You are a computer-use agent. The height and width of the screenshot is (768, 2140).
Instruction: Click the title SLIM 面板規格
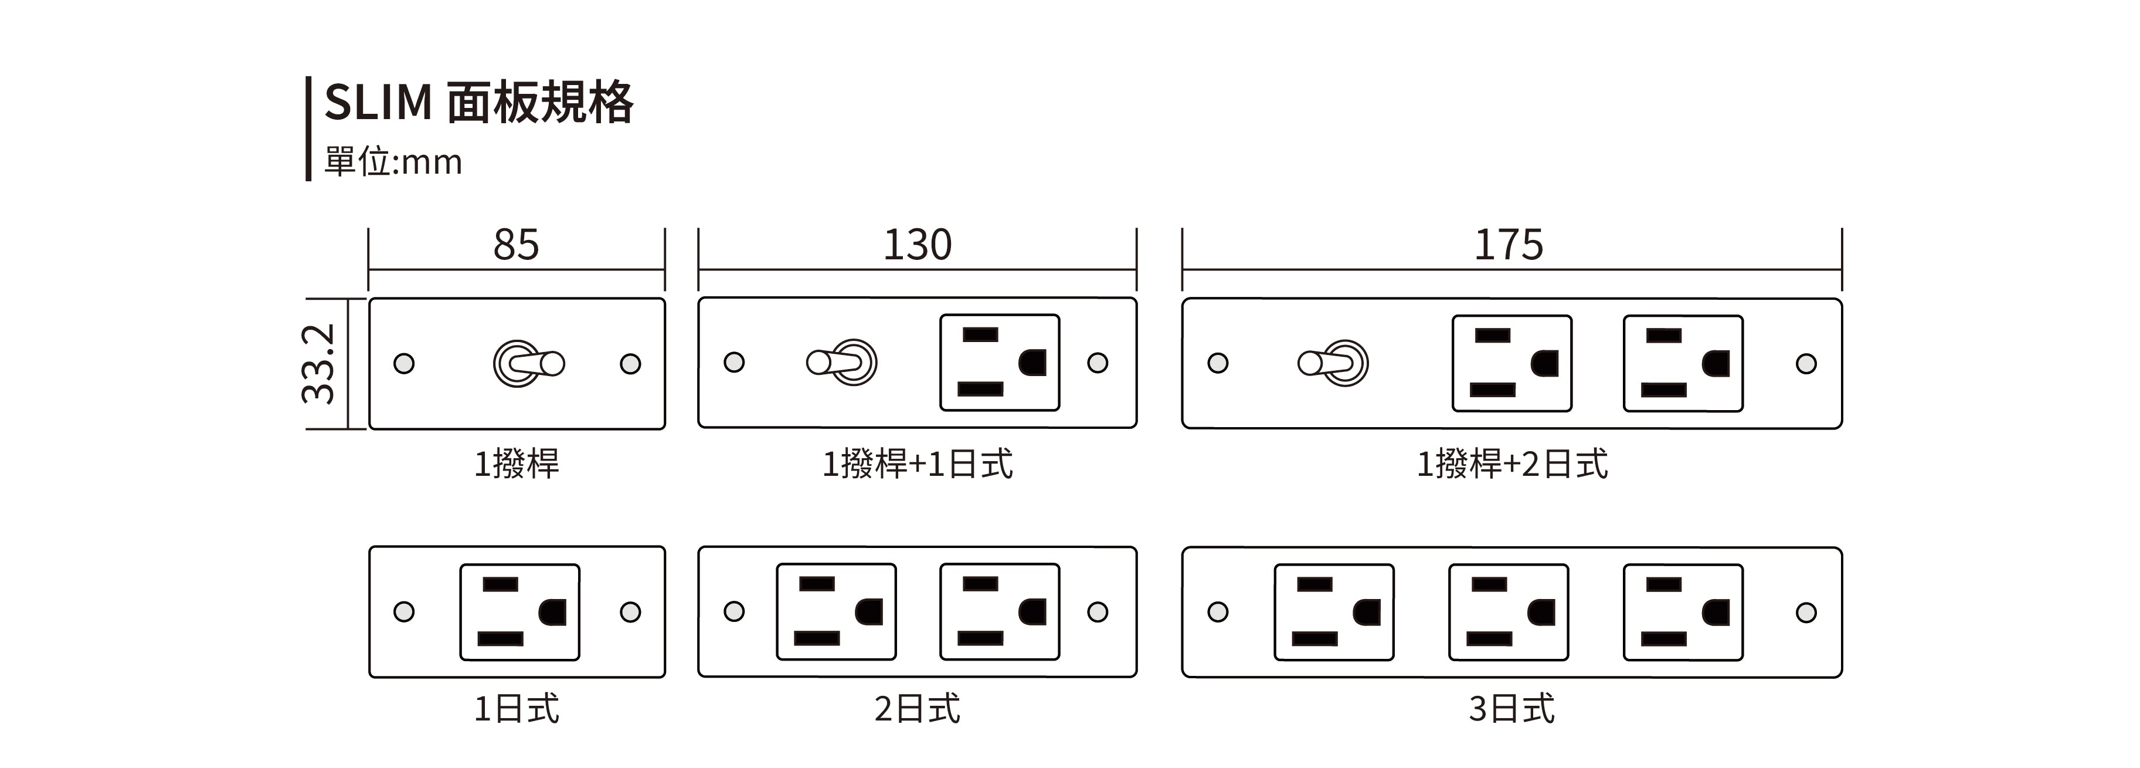click(478, 103)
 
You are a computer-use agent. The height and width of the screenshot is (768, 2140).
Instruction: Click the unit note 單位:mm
click(393, 161)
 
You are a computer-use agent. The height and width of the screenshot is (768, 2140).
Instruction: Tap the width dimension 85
click(516, 245)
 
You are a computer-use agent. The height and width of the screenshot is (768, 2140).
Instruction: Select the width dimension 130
click(917, 245)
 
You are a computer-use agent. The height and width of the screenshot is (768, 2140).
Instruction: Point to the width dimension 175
click(1509, 245)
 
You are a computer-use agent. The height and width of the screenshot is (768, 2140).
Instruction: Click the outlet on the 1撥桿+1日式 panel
click(1000, 363)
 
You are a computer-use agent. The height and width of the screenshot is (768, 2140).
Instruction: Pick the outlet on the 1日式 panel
click(520, 612)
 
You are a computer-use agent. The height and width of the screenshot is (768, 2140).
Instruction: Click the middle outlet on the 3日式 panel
click(1509, 613)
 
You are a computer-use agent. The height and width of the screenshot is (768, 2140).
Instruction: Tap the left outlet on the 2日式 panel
click(837, 612)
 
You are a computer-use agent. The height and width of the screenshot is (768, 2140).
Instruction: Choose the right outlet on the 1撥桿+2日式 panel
click(1683, 363)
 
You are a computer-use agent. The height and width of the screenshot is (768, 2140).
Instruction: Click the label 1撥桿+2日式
click(1512, 463)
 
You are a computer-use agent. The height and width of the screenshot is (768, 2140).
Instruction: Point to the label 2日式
click(917, 709)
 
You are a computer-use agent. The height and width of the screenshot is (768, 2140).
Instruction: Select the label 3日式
click(1512, 709)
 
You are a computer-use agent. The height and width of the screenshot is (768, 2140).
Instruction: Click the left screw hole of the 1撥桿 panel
click(404, 363)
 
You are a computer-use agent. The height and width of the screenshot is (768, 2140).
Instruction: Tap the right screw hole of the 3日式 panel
click(1806, 613)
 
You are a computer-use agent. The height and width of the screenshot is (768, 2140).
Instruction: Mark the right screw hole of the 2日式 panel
click(1098, 612)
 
